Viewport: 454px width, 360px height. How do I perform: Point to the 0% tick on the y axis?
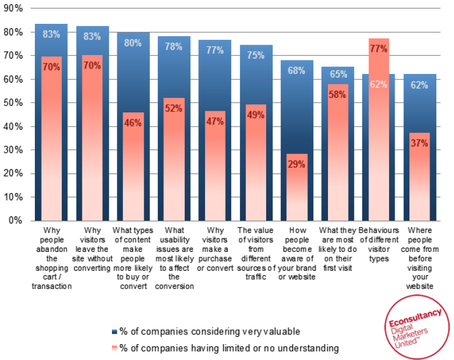click(x=15, y=221)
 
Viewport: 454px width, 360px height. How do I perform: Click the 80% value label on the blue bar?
click(x=133, y=43)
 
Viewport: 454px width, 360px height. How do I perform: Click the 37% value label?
click(x=420, y=143)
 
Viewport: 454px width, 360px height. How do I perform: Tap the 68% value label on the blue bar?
click(x=297, y=70)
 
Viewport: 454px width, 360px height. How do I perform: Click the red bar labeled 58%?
click(x=338, y=159)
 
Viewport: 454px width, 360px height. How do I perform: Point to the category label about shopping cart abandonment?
click(x=51, y=257)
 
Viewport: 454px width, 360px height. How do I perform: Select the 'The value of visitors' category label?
click(x=256, y=249)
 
